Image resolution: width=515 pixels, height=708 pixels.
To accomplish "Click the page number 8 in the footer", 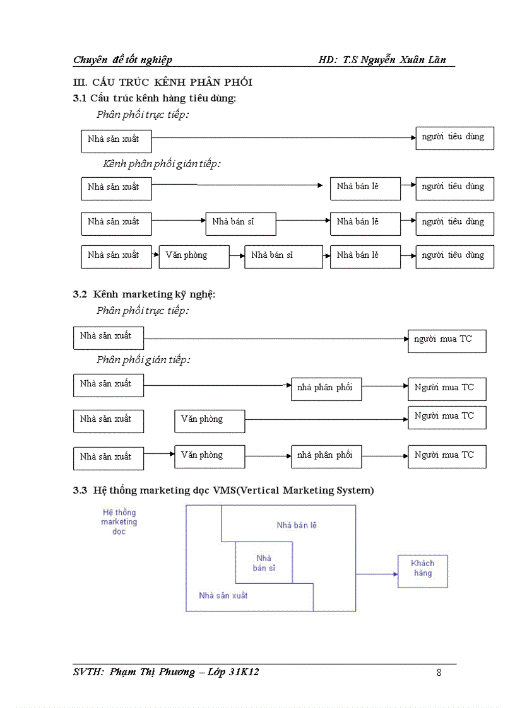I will click(439, 672).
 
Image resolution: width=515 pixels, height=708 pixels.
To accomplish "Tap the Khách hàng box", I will click(422, 571).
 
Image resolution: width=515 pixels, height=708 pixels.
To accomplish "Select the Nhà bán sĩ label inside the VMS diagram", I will click(264, 563).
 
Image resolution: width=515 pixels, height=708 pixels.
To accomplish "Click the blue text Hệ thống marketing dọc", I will click(119, 522).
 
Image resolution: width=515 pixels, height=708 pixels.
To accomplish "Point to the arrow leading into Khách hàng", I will click(377, 574).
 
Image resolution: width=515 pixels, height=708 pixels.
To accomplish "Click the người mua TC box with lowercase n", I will click(447, 340).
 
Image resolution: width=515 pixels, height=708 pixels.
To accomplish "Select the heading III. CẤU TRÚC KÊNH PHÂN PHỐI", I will click(163, 82).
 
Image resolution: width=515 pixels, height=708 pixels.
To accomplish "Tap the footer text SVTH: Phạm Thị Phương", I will click(134, 672).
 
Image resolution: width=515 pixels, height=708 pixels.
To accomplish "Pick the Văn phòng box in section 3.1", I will click(193, 257).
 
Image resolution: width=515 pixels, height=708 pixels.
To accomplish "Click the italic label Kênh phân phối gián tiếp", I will click(162, 163).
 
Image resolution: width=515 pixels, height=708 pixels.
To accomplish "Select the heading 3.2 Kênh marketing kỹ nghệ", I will click(144, 294).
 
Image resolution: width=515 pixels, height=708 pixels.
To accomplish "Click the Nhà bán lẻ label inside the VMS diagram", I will click(297, 525).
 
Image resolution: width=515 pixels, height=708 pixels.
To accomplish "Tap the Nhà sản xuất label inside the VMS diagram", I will click(223, 595).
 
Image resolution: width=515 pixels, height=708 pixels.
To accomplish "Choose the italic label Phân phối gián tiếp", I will click(143, 360).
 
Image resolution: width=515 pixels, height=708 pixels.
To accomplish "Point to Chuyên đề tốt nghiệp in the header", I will click(122, 60).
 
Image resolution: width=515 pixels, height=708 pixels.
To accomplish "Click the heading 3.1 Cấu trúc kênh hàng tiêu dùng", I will click(155, 98).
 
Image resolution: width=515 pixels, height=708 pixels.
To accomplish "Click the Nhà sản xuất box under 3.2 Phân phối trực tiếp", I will click(109, 338).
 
